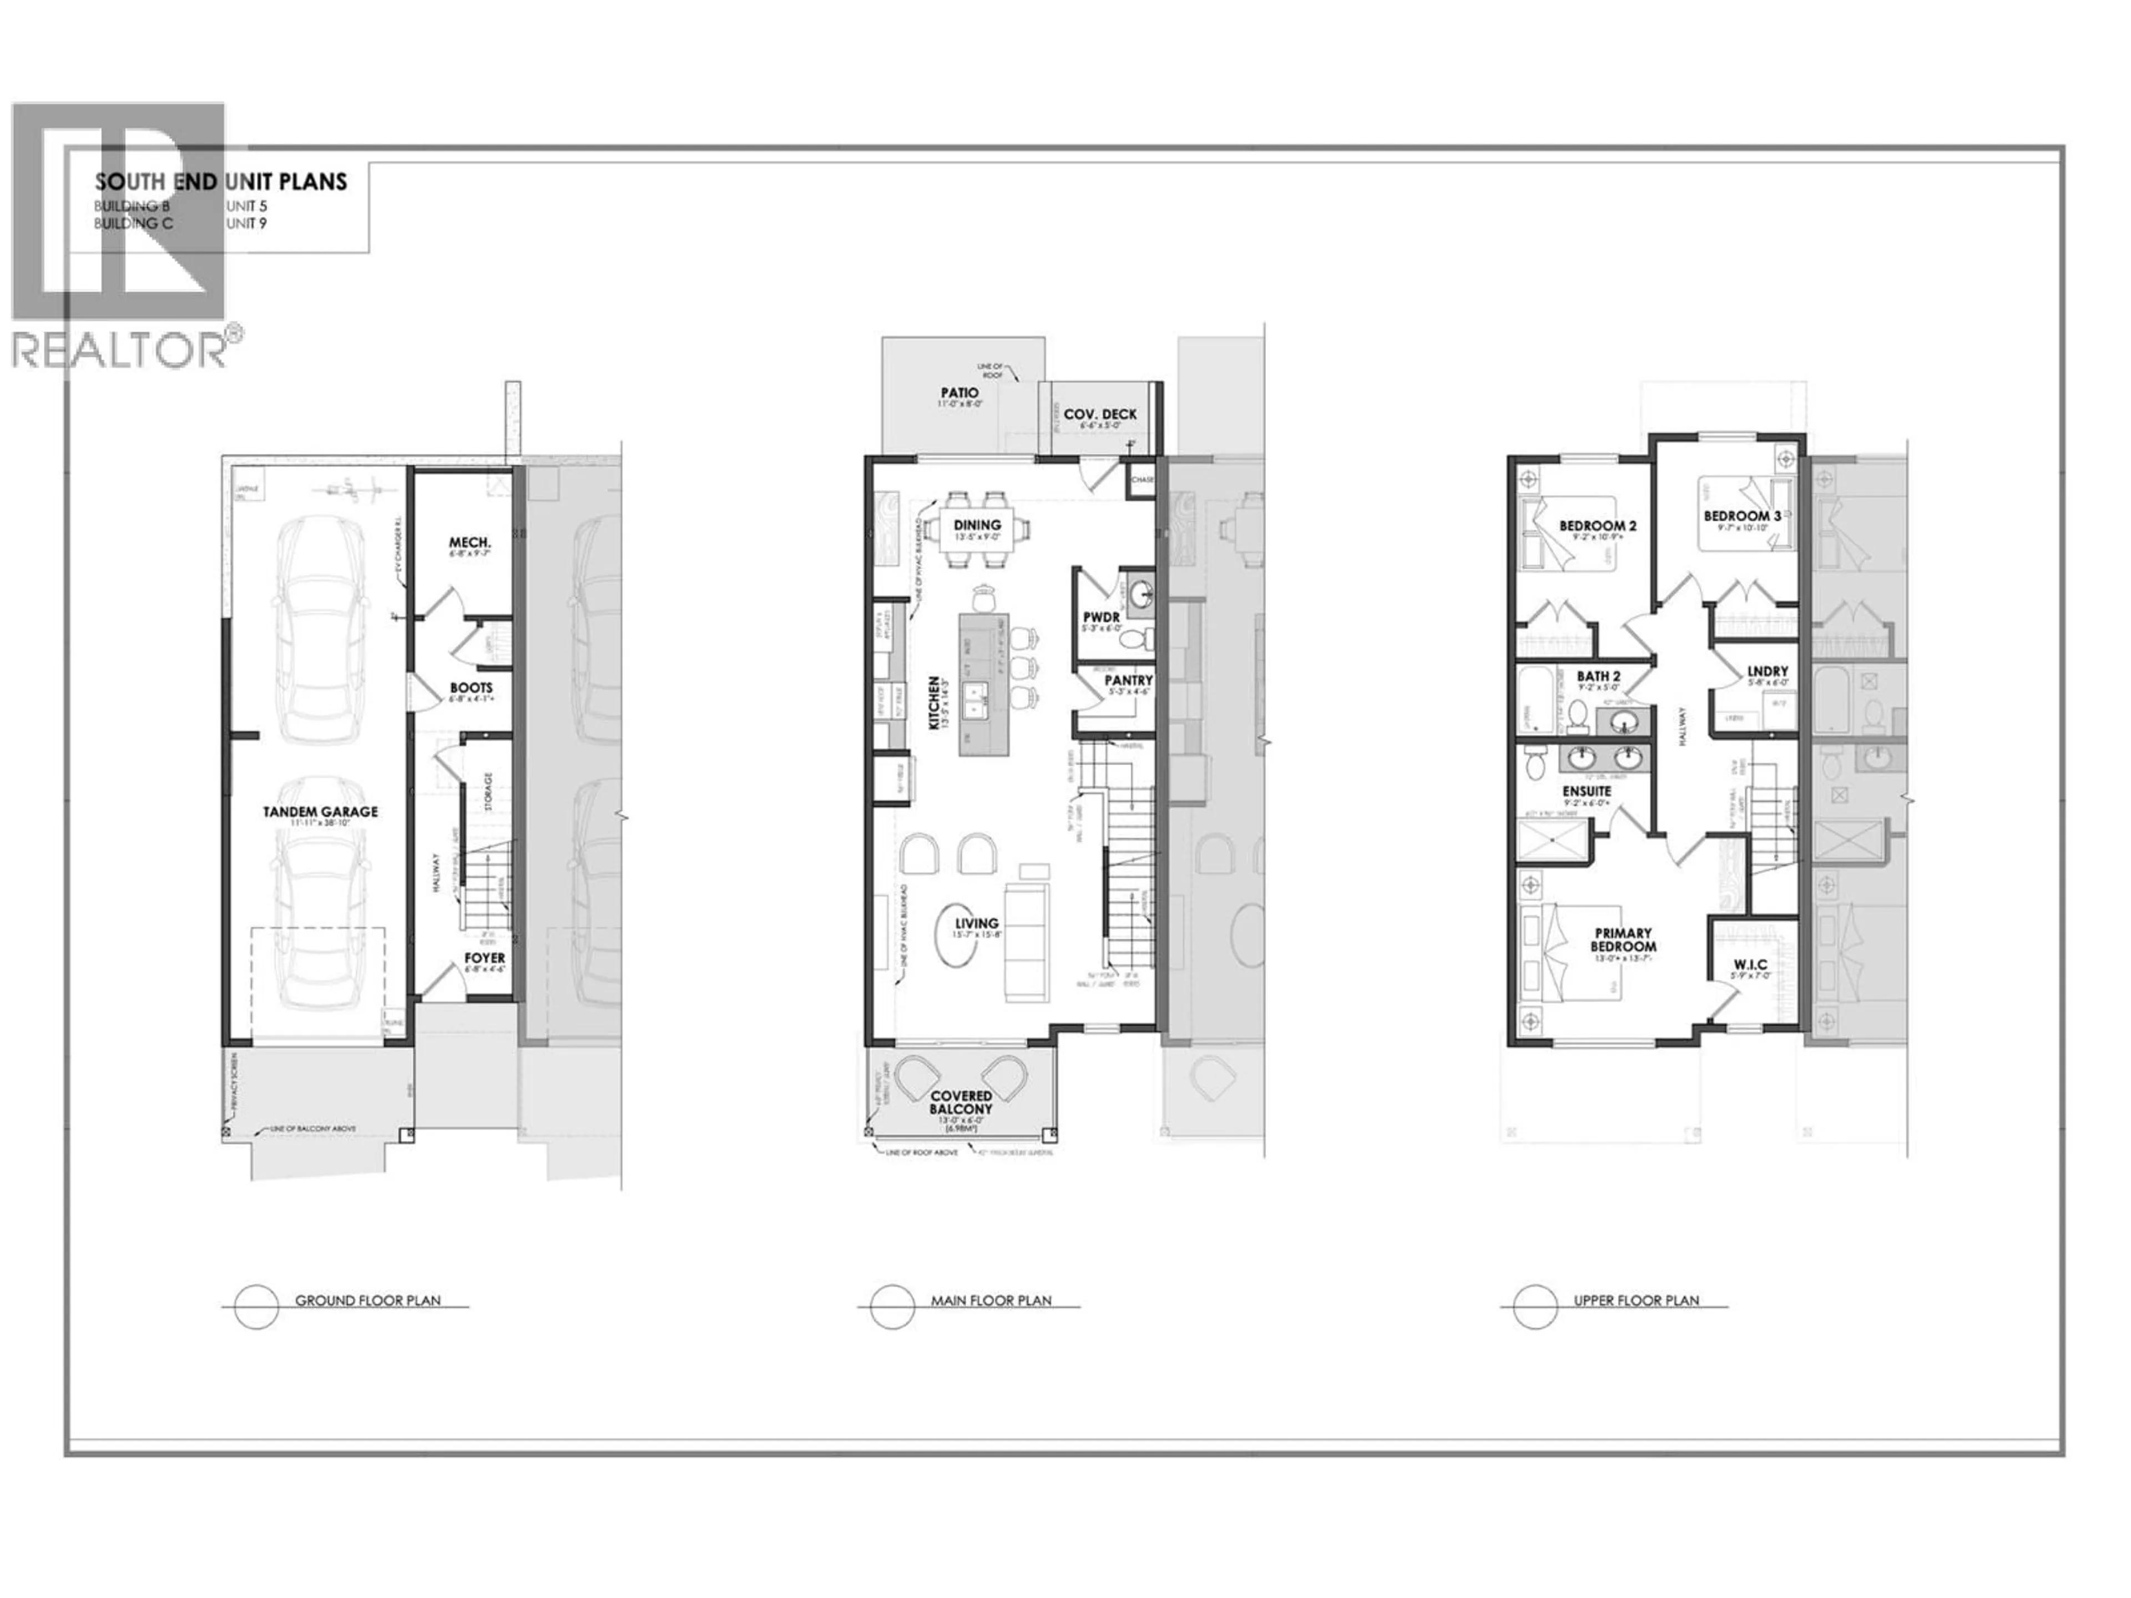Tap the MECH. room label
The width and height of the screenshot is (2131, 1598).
[x=470, y=543]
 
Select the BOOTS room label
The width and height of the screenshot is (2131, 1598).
[x=471, y=687]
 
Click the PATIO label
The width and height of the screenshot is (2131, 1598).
[x=960, y=393]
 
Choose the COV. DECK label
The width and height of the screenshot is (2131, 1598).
[x=1099, y=414]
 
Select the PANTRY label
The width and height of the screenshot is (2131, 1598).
[x=1128, y=680]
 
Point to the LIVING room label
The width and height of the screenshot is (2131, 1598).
[x=976, y=923]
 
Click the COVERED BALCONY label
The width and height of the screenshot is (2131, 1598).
[x=961, y=1102]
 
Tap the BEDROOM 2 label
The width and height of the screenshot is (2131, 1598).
[x=1597, y=526]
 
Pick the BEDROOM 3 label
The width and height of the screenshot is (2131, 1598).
[x=1742, y=516]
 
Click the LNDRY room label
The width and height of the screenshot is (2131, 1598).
[x=1767, y=671]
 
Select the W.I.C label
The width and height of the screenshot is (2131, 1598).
[x=1750, y=964]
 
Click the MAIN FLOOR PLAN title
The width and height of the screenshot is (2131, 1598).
[x=991, y=1301]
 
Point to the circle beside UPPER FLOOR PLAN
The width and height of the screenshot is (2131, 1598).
[x=1534, y=1307]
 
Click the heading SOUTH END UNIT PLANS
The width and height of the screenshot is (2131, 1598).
[x=221, y=181]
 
